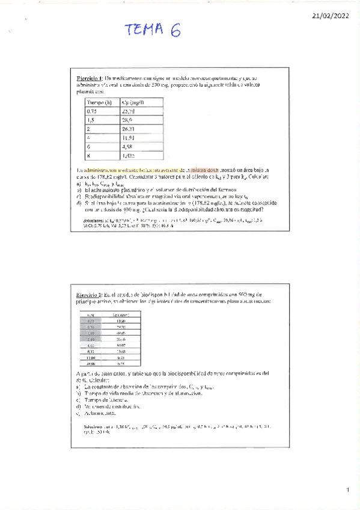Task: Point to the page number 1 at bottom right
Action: coord(347,490)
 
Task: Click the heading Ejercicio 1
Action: coord(90,78)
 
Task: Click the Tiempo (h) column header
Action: coord(100,102)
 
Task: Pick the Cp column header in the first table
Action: coord(138,102)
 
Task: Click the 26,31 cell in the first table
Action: coord(136,128)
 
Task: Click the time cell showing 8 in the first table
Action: coord(88,155)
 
